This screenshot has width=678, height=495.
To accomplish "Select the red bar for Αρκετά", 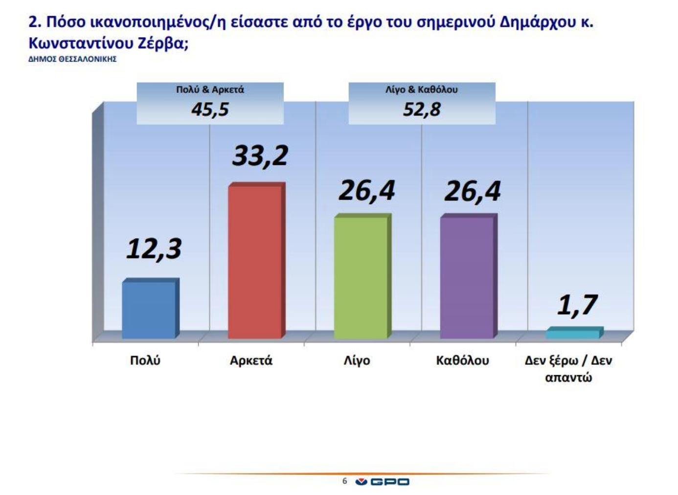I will [x=255, y=261].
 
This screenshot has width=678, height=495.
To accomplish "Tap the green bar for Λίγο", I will [x=361, y=277].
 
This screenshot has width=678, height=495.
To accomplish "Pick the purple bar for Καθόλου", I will [x=467, y=277].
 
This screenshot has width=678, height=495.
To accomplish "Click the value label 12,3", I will [x=154, y=248].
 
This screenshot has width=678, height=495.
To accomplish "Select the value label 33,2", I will [x=260, y=156].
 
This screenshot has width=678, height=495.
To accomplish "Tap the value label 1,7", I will [x=577, y=305].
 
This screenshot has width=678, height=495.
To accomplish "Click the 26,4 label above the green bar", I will [x=366, y=191].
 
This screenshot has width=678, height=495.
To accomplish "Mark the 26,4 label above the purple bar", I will [x=472, y=191].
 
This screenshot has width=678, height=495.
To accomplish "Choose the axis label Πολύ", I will [x=145, y=360].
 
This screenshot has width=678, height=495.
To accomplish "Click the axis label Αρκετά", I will [x=251, y=360].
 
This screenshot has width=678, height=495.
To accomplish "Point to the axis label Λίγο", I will [x=357, y=360].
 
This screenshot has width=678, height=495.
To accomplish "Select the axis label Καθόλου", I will [x=462, y=360].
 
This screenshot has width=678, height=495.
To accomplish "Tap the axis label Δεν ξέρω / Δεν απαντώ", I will [x=568, y=369].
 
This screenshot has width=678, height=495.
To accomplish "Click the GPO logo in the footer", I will [x=383, y=482].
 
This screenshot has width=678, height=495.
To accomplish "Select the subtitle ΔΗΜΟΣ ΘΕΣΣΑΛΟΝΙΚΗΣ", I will [x=72, y=59].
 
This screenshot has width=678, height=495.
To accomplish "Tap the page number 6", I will [x=344, y=481].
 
